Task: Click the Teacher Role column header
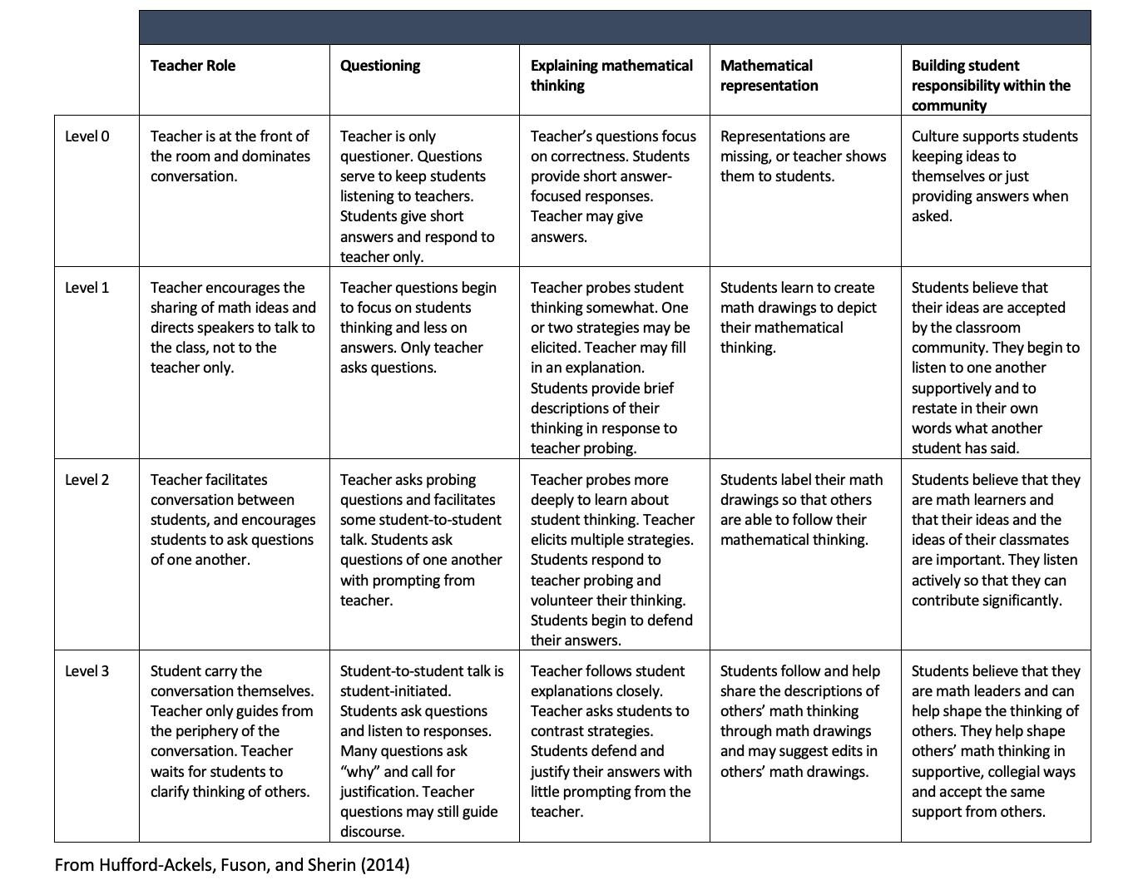pyautogui.click(x=193, y=66)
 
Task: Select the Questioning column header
pyautogui.click(x=380, y=66)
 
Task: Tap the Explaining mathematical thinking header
pyautogui.click(x=611, y=76)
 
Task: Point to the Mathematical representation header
pyautogui.click(x=769, y=76)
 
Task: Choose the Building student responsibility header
pyautogui.click(x=990, y=86)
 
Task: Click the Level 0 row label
pyautogui.click(x=87, y=136)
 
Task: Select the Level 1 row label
pyautogui.click(x=87, y=288)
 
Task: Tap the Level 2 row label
pyautogui.click(x=87, y=480)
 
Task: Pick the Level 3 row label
pyautogui.click(x=87, y=671)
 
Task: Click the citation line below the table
pyautogui.click(x=232, y=865)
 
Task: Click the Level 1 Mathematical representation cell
pyautogui.click(x=797, y=318)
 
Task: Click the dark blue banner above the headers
pyautogui.click(x=615, y=27)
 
